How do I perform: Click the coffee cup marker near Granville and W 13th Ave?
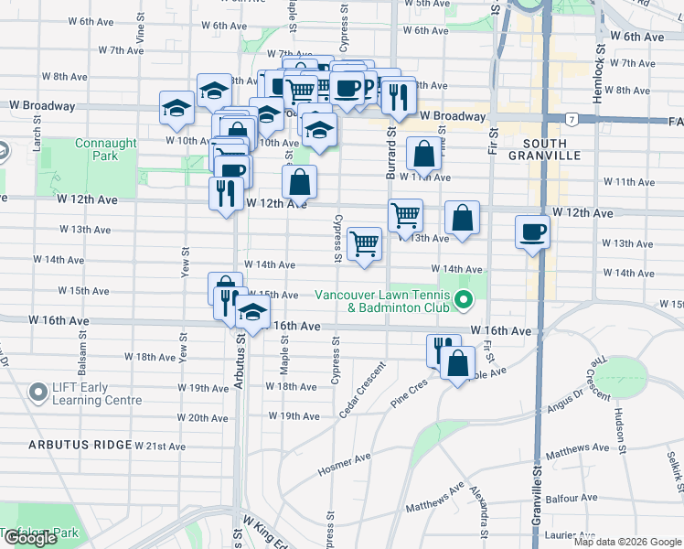tap(532, 232)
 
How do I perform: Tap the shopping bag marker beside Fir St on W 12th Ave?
tap(463, 219)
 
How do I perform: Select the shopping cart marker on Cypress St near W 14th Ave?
tap(364, 244)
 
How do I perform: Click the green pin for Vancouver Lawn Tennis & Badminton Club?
tap(464, 299)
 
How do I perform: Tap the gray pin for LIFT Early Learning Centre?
tap(38, 393)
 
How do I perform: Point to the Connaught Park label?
tap(106, 149)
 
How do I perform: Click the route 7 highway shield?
tap(570, 120)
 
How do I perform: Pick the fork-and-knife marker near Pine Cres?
tap(443, 350)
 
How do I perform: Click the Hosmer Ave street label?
tap(344, 463)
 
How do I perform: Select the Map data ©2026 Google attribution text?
tap(627, 542)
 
